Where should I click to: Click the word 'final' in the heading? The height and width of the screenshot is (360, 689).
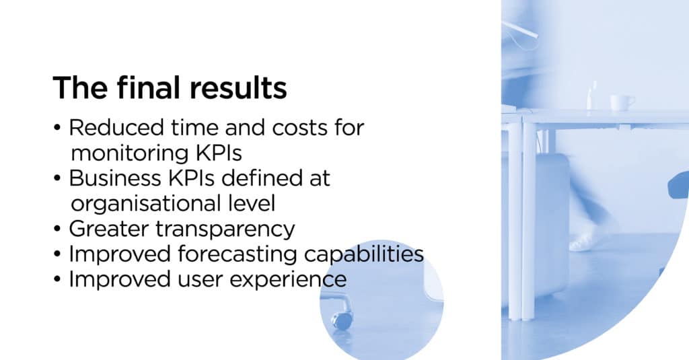click(149, 87)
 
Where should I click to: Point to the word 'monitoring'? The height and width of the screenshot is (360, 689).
click(130, 153)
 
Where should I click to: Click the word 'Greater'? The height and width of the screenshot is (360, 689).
click(108, 229)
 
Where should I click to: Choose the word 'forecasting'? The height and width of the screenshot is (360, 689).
click(237, 255)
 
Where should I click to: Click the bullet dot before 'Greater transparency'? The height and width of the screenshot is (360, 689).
click(57, 229)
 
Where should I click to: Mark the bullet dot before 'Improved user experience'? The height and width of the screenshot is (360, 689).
click(57, 280)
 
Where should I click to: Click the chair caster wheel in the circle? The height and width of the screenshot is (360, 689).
click(342, 320)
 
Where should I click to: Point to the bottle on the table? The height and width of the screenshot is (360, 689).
click(592, 95)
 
